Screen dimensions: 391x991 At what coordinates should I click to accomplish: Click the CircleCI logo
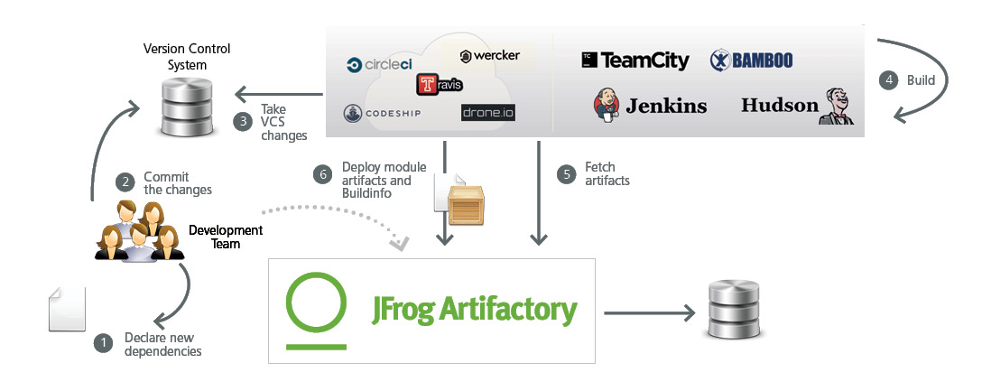point(381,65)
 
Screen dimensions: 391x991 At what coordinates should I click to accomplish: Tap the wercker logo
point(489,57)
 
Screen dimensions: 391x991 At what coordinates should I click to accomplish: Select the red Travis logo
point(440,85)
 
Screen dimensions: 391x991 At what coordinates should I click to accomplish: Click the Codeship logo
point(382,114)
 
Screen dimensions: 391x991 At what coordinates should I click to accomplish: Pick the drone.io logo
point(487,113)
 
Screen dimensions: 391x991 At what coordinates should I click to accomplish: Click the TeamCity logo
point(634,61)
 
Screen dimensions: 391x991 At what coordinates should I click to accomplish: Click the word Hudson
point(779,105)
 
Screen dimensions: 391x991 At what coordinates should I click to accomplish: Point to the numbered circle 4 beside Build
point(889,79)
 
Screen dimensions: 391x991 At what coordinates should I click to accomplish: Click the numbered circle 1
point(103,342)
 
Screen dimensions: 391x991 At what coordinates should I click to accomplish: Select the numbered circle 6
point(323,173)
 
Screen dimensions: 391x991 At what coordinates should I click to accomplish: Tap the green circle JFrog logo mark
point(316,311)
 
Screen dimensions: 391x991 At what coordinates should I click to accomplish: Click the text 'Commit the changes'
point(178,183)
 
